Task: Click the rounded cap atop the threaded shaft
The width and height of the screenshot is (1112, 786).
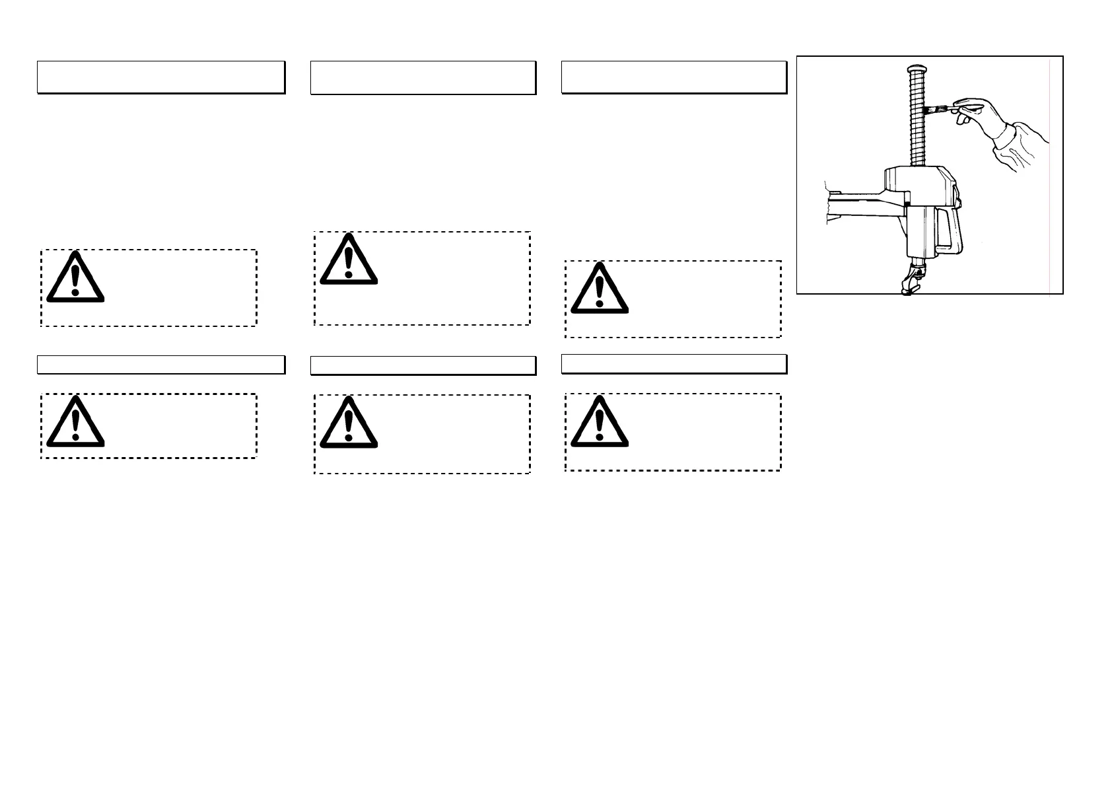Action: point(917,69)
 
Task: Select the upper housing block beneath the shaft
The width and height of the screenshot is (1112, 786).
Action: point(918,185)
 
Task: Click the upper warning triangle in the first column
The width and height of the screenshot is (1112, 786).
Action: point(75,279)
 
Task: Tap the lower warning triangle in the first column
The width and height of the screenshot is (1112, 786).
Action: point(75,423)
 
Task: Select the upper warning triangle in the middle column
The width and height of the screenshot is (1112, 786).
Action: point(349,260)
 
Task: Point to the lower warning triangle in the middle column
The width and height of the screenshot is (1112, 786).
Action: point(349,424)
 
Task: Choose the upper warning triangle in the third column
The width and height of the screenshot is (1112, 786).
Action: point(600,289)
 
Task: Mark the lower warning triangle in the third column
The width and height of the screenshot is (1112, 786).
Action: point(600,423)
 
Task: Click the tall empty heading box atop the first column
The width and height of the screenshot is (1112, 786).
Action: point(160,77)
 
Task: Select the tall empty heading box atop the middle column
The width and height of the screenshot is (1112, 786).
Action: point(423,78)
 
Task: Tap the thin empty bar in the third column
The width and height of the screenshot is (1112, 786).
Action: point(674,364)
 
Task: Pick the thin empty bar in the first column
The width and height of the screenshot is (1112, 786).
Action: point(160,365)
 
